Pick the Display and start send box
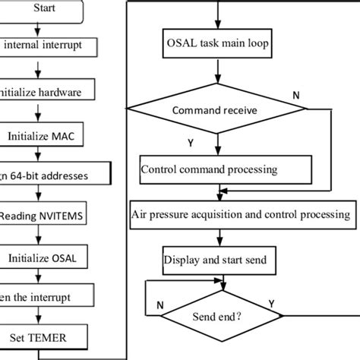(216, 260)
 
